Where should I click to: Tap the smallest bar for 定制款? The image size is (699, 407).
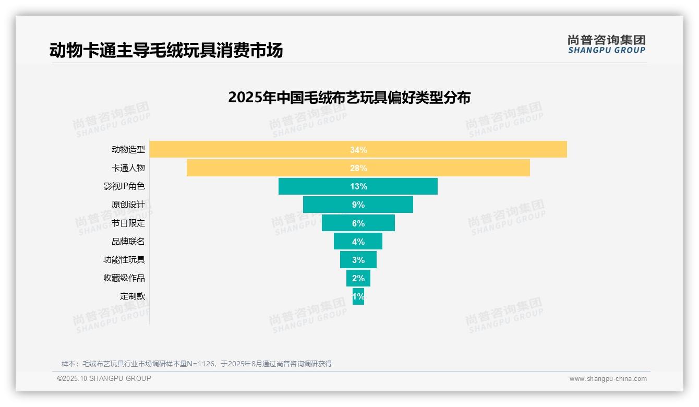coord(358,296)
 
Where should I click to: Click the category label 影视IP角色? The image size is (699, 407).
coord(124,186)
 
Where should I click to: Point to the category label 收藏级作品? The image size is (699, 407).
coord(124,278)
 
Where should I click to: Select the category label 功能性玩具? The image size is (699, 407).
coord(124,260)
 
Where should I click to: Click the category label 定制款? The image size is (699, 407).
coord(132,296)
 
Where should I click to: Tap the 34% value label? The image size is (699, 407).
coord(358,150)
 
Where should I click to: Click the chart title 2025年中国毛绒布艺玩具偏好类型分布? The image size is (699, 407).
coord(349,98)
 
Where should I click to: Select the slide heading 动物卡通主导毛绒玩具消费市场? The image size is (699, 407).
coord(166,51)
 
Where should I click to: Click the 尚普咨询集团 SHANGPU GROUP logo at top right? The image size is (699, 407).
coord(606,44)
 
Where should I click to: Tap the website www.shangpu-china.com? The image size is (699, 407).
coord(608,379)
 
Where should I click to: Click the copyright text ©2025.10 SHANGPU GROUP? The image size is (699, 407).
coord(104,379)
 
